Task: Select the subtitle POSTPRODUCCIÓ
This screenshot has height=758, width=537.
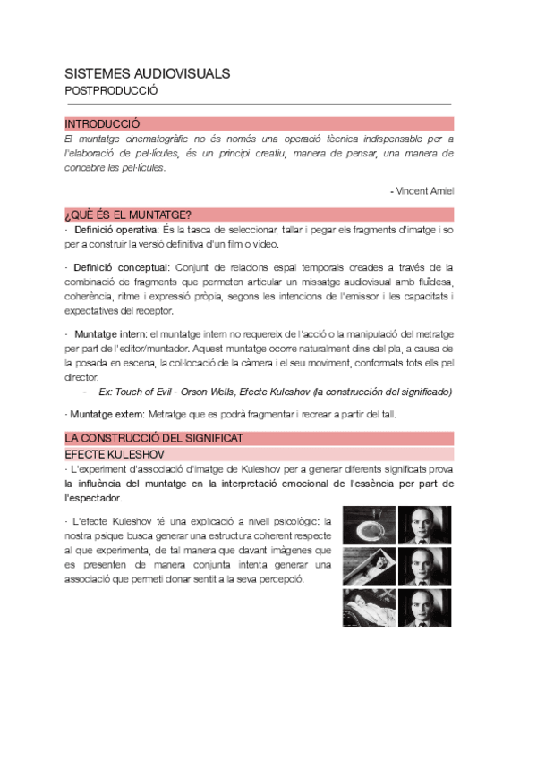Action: pos(111,90)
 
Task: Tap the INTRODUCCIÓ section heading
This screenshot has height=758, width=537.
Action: pos(102,124)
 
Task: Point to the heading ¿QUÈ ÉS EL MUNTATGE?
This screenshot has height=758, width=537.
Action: pos(127,215)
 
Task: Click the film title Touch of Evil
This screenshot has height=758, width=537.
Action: pos(143,392)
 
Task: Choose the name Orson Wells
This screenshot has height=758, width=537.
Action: pos(206,392)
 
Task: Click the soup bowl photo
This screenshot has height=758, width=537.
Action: pos(368,525)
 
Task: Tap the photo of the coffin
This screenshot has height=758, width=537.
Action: pos(368,566)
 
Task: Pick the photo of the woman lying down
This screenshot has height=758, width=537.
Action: pos(368,607)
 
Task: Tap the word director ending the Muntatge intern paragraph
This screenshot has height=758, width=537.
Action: pos(81,378)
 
